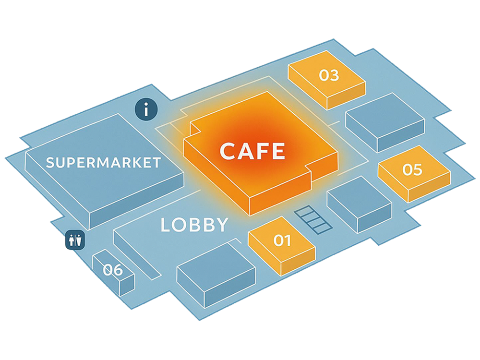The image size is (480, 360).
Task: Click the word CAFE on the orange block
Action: click(x=252, y=151)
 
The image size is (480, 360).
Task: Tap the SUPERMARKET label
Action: click(x=103, y=162)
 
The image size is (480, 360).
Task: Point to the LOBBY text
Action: click(x=194, y=225)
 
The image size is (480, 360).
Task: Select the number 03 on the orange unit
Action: click(x=329, y=75)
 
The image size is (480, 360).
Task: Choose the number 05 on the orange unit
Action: click(x=412, y=170)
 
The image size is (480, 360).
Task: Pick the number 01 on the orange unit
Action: click(x=282, y=240)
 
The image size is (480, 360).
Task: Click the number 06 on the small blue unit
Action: click(x=113, y=270)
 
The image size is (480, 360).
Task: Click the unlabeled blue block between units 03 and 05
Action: click(x=385, y=120)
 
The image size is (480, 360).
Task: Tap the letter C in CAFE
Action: click(x=228, y=151)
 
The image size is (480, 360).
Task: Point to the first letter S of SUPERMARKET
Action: click(x=50, y=162)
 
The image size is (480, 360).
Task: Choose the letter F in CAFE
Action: click(x=262, y=151)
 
